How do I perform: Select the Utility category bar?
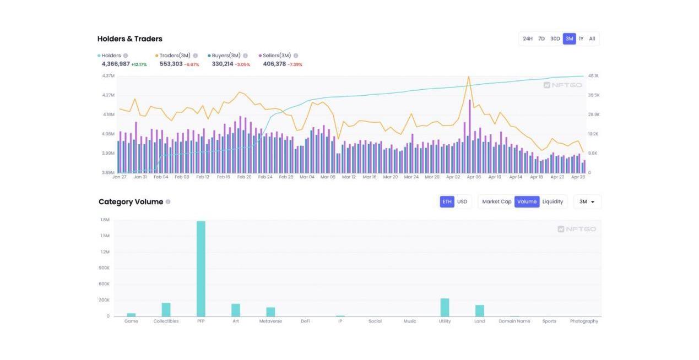(445, 307)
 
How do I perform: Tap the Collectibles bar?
(166, 309)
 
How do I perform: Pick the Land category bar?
(479, 310)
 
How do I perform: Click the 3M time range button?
(569, 39)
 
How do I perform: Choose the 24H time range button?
(527, 39)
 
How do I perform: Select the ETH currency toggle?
(447, 201)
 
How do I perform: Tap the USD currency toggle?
(462, 201)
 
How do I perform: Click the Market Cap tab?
(496, 201)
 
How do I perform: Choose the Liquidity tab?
(552, 201)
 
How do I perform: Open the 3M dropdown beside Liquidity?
(587, 201)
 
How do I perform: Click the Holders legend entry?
(111, 56)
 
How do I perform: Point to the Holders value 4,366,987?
(116, 64)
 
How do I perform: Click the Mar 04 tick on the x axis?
(307, 177)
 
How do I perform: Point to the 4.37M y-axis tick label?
(109, 75)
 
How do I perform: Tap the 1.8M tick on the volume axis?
(105, 220)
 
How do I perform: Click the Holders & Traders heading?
(130, 39)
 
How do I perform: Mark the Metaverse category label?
(270, 321)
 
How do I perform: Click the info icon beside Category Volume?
(168, 201)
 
